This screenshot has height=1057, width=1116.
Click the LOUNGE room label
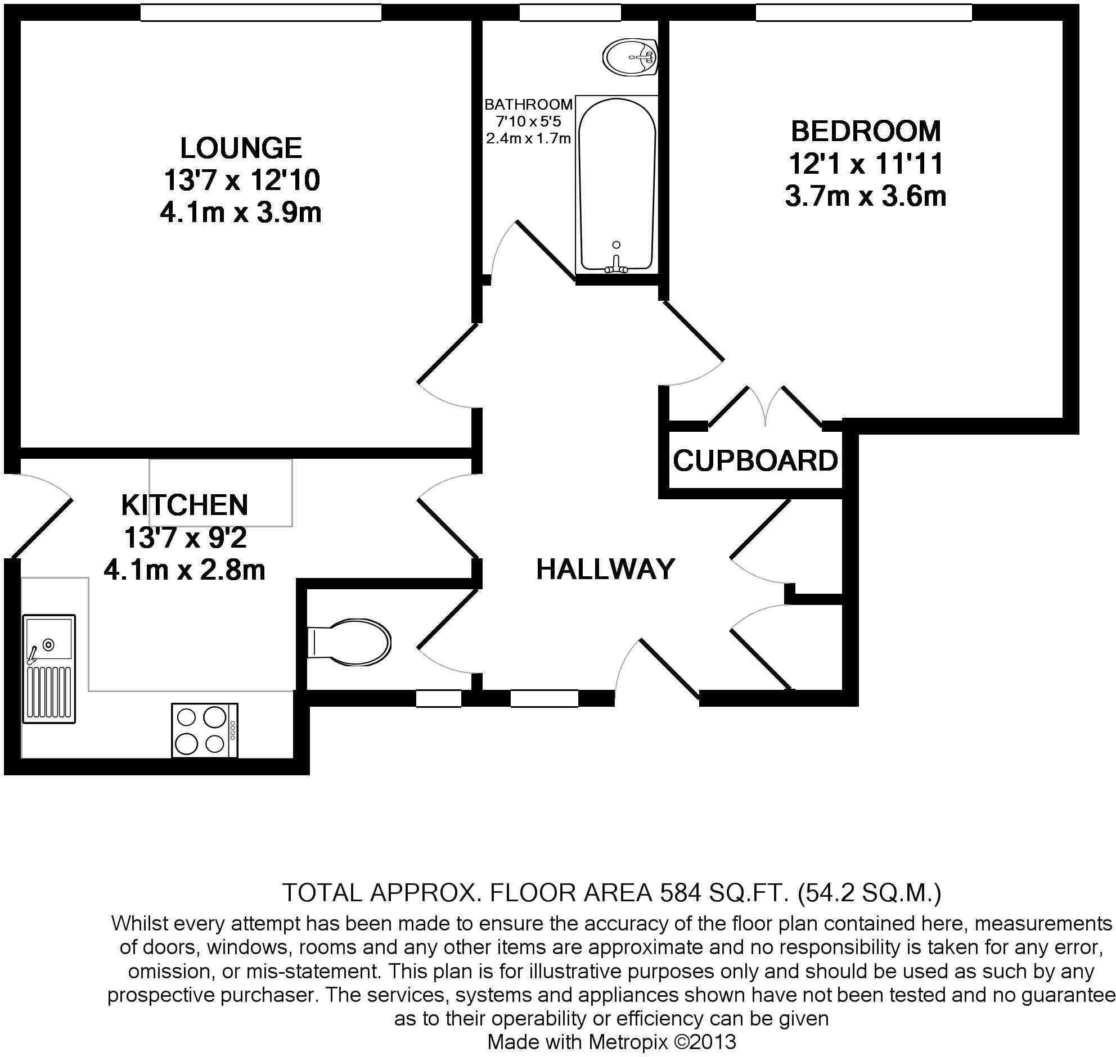tap(241, 148)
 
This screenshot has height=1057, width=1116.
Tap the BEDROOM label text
tap(866, 131)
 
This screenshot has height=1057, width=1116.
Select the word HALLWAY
tap(605, 569)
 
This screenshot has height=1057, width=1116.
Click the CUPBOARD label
tap(755, 461)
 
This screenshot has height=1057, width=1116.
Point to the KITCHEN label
tap(184, 505)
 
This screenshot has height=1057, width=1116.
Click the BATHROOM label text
tap(528, 104)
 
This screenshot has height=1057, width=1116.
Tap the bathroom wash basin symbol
tap(631, 57)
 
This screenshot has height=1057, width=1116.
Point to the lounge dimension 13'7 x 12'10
tap(242, 181)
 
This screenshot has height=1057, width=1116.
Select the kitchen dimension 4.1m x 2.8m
tap(184, 571)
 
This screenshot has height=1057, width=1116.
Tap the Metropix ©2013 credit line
tap(611, 1042)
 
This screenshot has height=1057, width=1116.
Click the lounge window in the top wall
tap(260, 12)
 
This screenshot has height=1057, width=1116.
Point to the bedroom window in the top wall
tap(863, 12)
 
